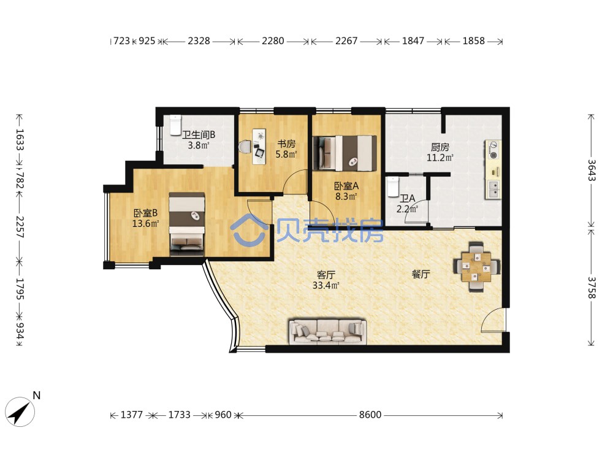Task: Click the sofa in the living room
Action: click(327, 332)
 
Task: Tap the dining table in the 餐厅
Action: click(476, 267)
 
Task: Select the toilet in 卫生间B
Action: click(175, 125)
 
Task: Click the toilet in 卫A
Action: click(392, 187)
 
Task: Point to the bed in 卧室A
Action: click(345, 153)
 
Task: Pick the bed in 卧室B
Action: click(187, 224)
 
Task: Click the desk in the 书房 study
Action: click(259, 147)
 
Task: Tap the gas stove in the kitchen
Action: click(493, 150)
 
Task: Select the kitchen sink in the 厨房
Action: click(493, 188)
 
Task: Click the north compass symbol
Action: click(20, 412)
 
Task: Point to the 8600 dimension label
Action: click(370, 415)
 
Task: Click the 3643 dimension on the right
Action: click(592, 170)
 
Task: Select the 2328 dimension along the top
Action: click(199, 40)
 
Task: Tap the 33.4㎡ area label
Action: click(326, 286)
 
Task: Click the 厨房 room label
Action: click(440, 147)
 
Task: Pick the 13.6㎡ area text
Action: click(145, 224)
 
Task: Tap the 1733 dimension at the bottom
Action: click(180, 415)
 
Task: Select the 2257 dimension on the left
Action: click(20, 227)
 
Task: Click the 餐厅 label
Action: click(421, 274)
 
